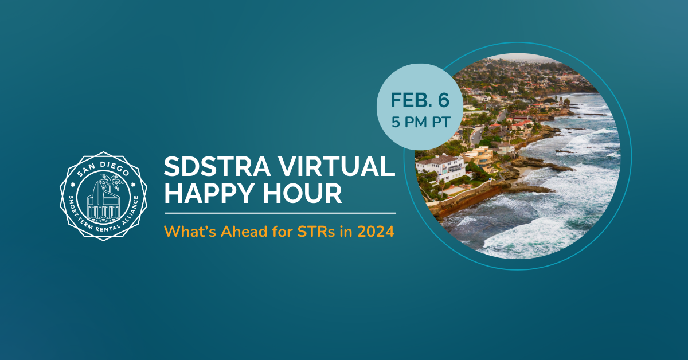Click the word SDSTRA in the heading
pos(217,166)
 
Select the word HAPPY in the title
pos(210,193)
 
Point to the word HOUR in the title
pos(302,193)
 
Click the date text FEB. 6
pos(420,100)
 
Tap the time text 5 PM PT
pos(421,122)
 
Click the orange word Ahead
pos(244,232)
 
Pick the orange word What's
pos(190,232)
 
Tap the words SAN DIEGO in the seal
pos(103,169)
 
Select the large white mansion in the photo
pos(440,168)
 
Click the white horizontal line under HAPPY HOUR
pos(280,213)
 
